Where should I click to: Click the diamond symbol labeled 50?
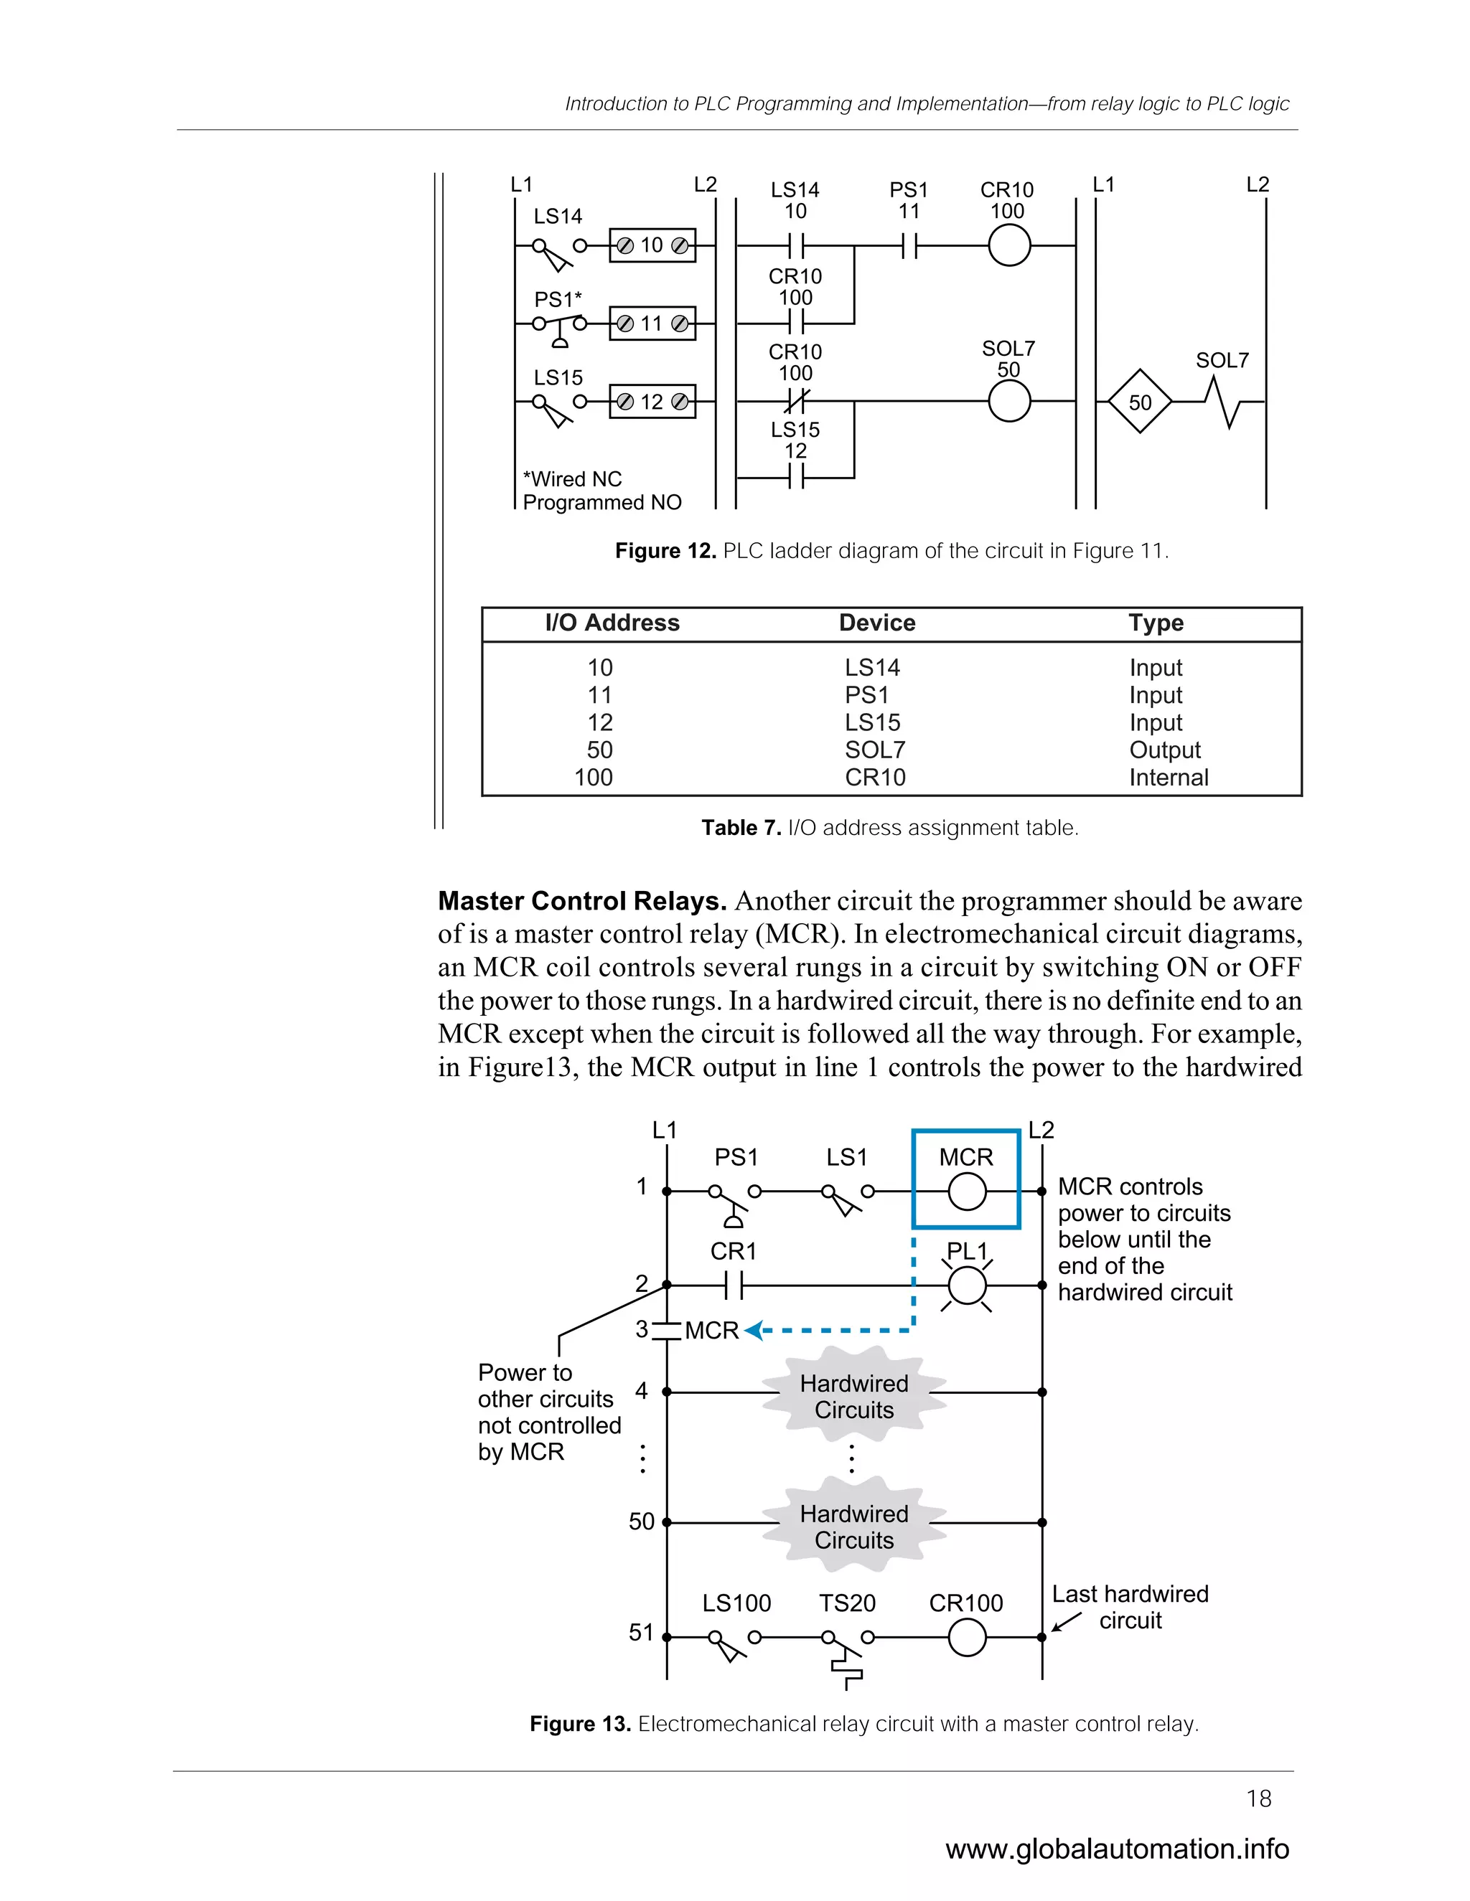pos(1139,402)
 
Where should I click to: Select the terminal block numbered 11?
pos(652,324)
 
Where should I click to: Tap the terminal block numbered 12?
pos(652,402)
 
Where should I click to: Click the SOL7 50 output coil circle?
pos(1009,402)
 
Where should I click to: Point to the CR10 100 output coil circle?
pos(1009,246)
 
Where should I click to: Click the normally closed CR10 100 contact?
pos(795,401)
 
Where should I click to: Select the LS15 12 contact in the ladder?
pos(795,477)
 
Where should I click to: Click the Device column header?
pos(877,623)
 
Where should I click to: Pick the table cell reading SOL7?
pos(874,750)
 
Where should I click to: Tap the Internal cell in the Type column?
pos(1168,778)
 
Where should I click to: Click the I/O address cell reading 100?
pos(594,778)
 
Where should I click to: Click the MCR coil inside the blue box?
pos(967,1192)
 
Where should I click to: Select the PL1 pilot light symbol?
pos(967,1286)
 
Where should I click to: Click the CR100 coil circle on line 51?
pos(967,1637)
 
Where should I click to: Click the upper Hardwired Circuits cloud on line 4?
pos(853,1396)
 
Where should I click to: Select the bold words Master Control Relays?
pos(581,901)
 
